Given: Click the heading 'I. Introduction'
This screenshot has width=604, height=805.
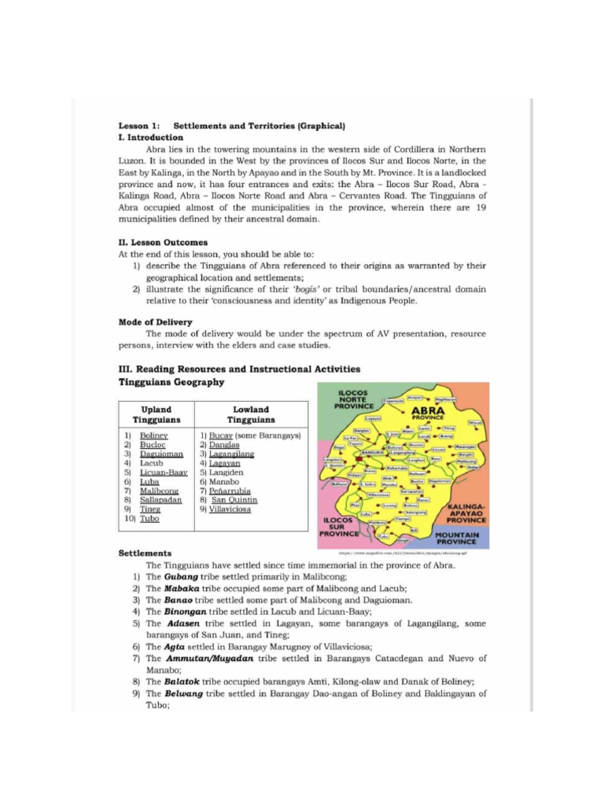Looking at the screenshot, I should tap(150, 137).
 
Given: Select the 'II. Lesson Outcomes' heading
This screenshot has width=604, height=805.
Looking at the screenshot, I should tap(163, 243).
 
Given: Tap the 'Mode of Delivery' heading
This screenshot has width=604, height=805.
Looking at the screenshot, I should tap(155, 322).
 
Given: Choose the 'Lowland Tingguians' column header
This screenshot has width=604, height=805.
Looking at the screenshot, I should tap(251, 414).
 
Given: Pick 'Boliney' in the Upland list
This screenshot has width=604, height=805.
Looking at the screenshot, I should tap(153, 435).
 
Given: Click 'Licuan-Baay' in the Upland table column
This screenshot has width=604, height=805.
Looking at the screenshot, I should tap(164, 472).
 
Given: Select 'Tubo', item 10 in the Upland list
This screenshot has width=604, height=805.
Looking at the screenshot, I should tap(149, 519).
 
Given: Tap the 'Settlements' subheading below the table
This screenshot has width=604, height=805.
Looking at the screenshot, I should tap(145, 553).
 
